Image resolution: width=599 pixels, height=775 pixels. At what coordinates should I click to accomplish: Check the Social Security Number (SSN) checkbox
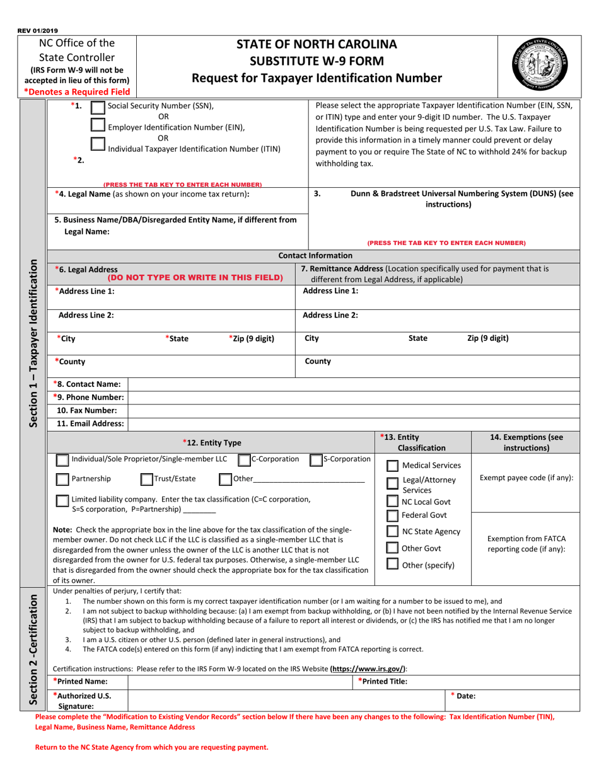click(x=98, y=108)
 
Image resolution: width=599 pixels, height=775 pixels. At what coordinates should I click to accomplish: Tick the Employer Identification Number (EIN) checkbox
click(x=98, y=126)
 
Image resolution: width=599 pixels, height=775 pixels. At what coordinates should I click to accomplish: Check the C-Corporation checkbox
click(x=243, y=460)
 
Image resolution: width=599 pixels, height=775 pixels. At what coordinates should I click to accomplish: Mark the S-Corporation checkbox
click(x=316, y=460)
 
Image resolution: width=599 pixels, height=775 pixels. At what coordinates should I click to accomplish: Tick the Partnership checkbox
click(x=62, y=479)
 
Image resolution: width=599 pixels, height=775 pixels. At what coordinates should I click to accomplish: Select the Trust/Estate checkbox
click(x=146, y=479)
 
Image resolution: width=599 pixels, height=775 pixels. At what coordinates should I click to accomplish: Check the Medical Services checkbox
click(x=392, y=466)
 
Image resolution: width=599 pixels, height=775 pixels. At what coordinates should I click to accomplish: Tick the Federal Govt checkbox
click(x=392, y=515)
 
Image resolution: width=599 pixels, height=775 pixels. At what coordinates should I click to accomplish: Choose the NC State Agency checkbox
click(x=392, y=532)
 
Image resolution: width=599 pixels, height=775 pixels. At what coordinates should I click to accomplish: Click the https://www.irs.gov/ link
click(x=368, y=669)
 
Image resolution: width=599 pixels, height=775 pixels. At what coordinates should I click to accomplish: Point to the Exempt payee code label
click(x=526, y=478)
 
